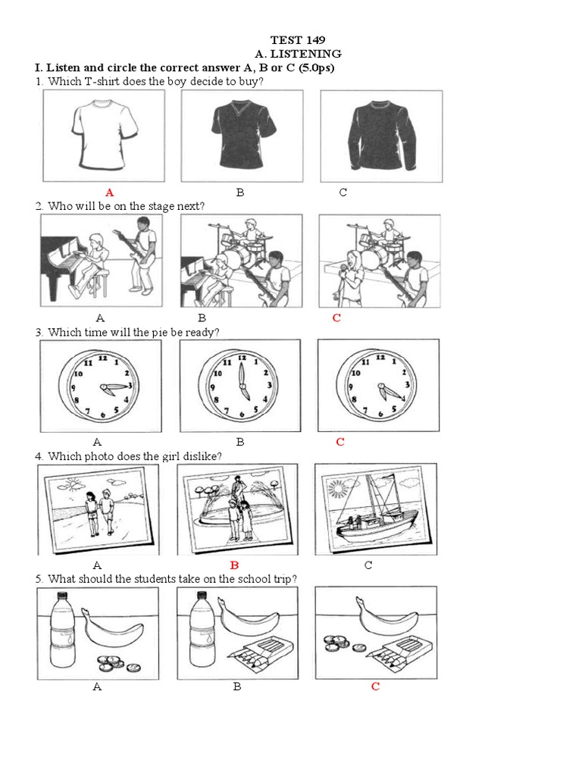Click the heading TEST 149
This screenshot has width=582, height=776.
[x=298, y=39]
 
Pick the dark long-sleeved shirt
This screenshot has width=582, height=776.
[x=381, y=136]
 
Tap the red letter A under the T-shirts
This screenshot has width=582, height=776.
[x=110, y=192]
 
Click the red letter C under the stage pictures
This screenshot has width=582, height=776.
[x=336, y=318]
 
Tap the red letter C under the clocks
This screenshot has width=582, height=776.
[x=340, y=442]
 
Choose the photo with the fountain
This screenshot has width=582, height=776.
[x=237, y=509]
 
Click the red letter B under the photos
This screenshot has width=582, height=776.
[x=234, y=565]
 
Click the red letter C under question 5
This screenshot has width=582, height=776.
[x=375, y=687]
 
